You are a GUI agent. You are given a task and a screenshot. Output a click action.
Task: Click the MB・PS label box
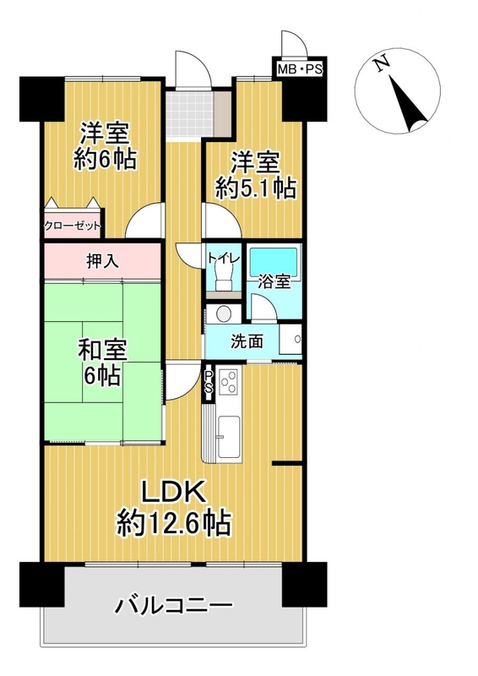300,69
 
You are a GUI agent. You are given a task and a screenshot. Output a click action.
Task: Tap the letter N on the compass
382,64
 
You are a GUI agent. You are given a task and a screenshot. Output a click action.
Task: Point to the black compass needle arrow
408,104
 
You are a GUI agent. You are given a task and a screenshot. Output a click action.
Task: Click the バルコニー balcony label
173,605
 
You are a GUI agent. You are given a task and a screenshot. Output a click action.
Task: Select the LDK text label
173,493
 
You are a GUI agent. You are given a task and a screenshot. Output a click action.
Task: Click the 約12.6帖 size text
174,523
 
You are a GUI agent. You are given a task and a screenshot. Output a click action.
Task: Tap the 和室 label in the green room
102,350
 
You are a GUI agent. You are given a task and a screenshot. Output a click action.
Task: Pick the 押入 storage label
102,261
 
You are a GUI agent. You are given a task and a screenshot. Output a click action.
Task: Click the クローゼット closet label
73,226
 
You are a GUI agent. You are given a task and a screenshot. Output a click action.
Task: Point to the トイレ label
223,259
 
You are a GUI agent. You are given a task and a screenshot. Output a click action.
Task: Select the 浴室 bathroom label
274,282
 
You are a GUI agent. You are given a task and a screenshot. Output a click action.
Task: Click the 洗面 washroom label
247,341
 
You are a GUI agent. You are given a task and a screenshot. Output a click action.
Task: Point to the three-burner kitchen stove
228,382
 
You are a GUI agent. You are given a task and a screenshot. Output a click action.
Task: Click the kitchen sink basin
228,437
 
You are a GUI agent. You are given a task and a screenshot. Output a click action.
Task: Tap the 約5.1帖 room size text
256,188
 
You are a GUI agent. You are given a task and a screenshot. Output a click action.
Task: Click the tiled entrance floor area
190,114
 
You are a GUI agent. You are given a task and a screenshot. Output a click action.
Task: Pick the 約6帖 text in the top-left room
106,159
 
